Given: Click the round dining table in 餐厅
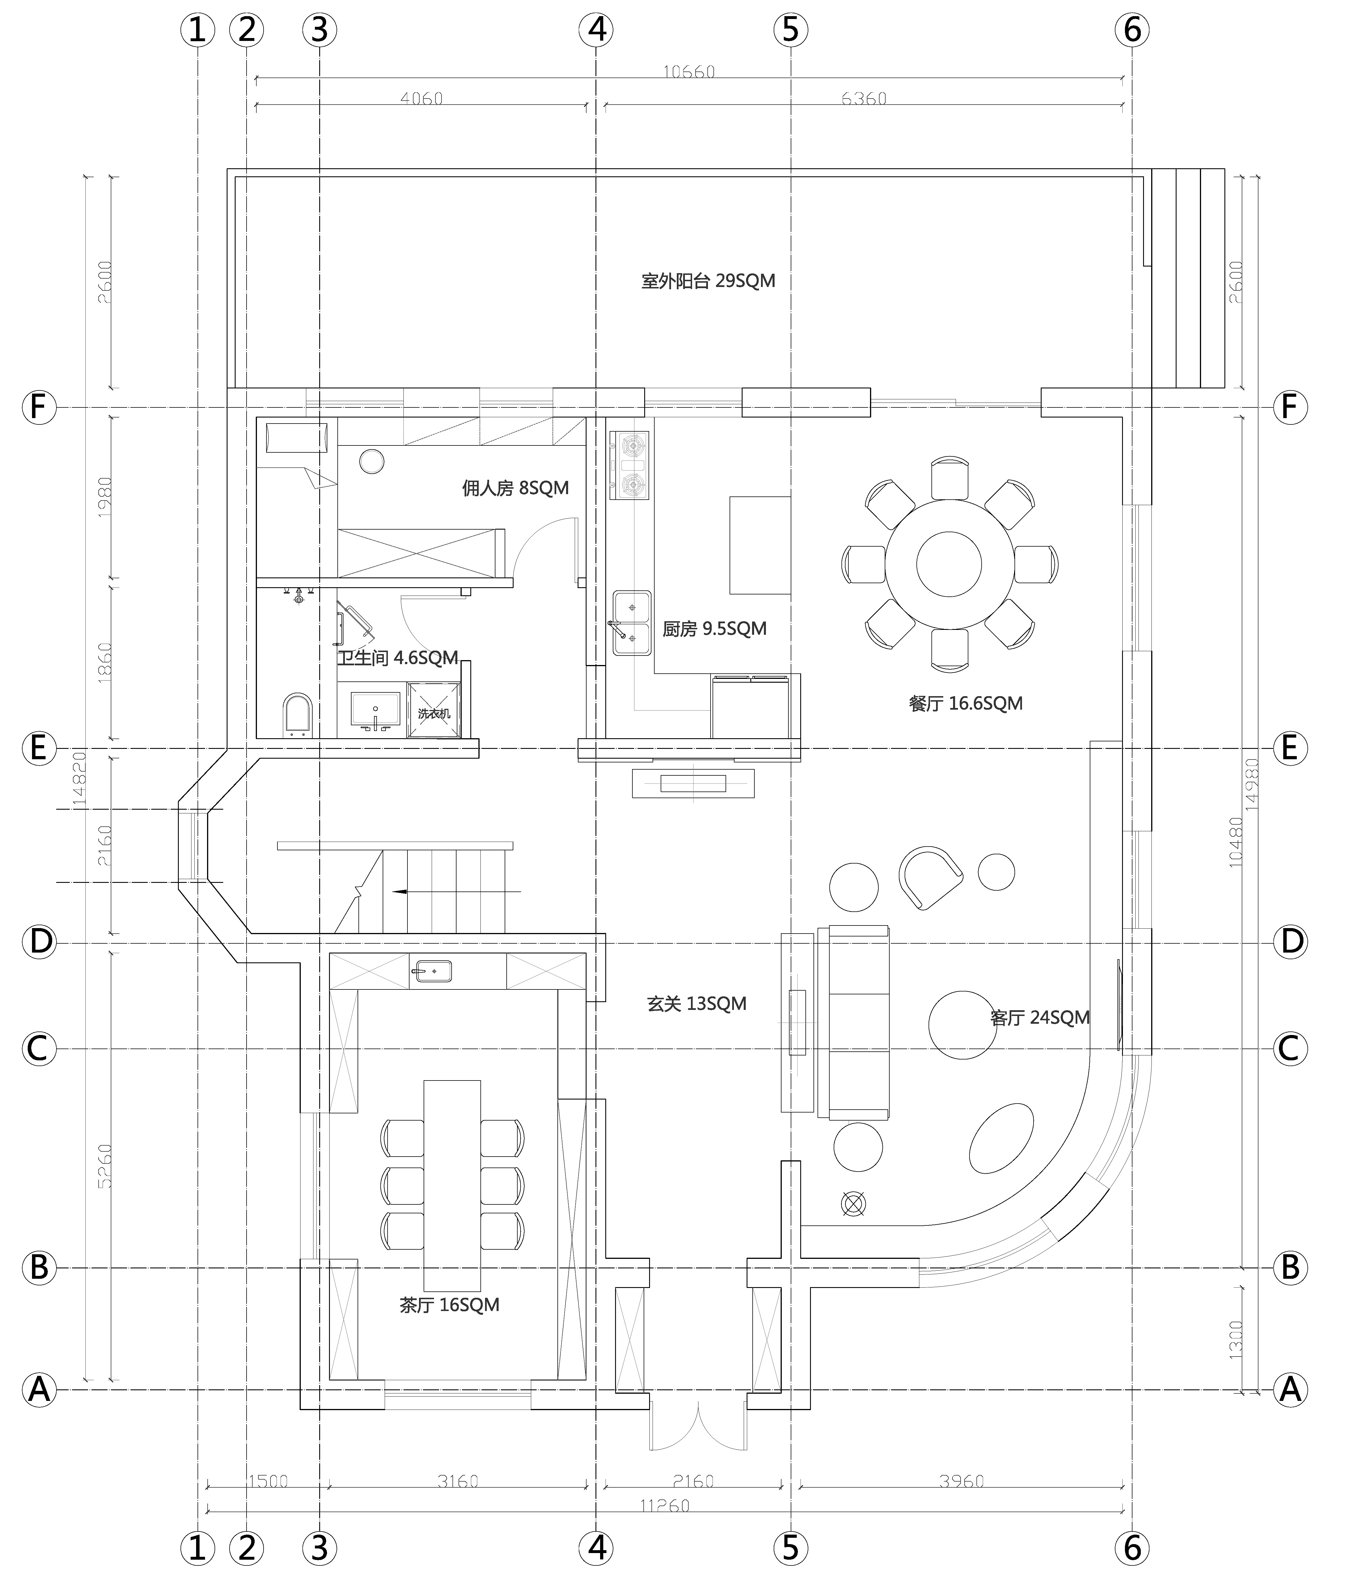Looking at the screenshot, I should tap(949, 564).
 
